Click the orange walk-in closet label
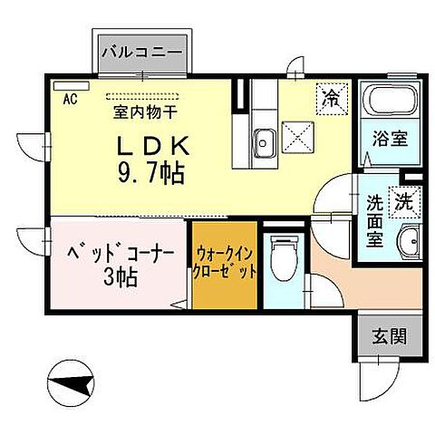(x=224, y=264)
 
